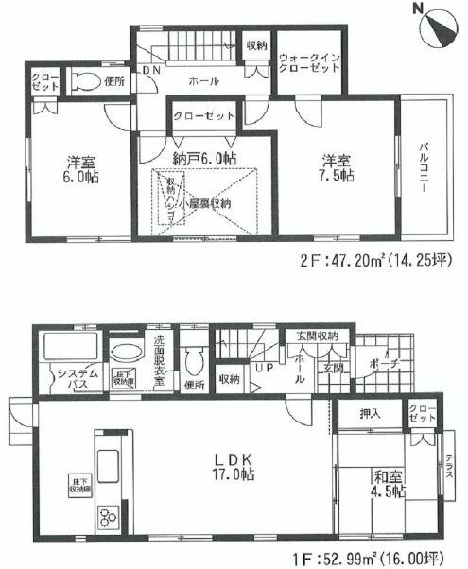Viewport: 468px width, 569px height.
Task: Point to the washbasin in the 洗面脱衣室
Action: pyautogui.click(x=124, y=353)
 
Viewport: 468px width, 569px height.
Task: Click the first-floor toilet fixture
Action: pyautogui.click(x=195, y=360)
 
